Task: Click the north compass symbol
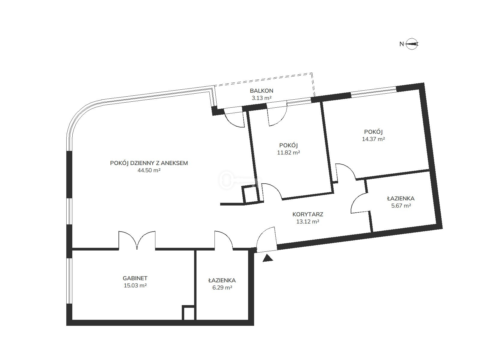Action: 412,44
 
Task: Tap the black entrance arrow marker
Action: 268,258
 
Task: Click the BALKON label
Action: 262,91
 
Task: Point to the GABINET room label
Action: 135,278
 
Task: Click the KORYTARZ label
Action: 308,214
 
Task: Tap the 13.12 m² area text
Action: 308,222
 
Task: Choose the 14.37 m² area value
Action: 373,139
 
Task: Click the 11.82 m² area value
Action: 288,153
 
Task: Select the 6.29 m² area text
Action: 222,288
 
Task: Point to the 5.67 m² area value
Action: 401,206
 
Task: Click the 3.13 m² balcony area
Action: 262,98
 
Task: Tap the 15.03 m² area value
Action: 135,286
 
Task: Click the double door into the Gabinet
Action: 137,240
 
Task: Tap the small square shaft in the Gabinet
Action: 188,313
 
